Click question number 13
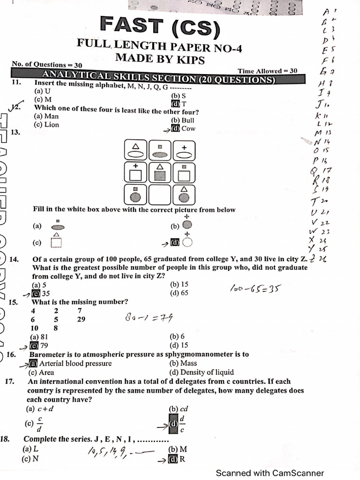click(x=15, y=132)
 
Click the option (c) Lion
click(x=47, y=125)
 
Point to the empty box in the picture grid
click(x=160, y=194)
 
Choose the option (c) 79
click(x=40, y=345)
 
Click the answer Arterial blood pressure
click(x=75, y=363)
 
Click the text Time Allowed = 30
click(x=267, y=71)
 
